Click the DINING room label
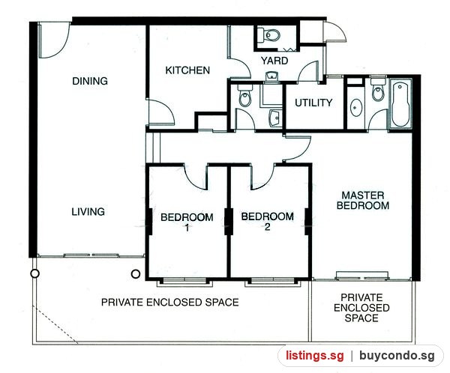click(x=90, y=81)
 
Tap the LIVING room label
click(x=88, y=211)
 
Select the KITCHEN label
click(x=187, y=70)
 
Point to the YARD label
click(x=274, y=61)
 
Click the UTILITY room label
click(x=313, y=103)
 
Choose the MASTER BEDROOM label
click(x=363, y=201)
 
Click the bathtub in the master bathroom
click(x=401, y=104)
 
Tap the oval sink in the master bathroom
click(x=356, y=108)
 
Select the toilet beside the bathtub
click(x=377, y=89)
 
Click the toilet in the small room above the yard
click(x=269, y=35)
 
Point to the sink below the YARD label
click(x=271, y=76)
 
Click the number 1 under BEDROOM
click(x=187, y=228)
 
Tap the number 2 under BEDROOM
click(x=268, y=227)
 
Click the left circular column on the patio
click(x=34, y=274)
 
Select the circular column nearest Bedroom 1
click(x=136, y=274)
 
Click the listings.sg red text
click(x=314, y=356)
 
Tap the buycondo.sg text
click(x=397, y=356)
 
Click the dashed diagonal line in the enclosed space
click(x=55, y=324)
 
